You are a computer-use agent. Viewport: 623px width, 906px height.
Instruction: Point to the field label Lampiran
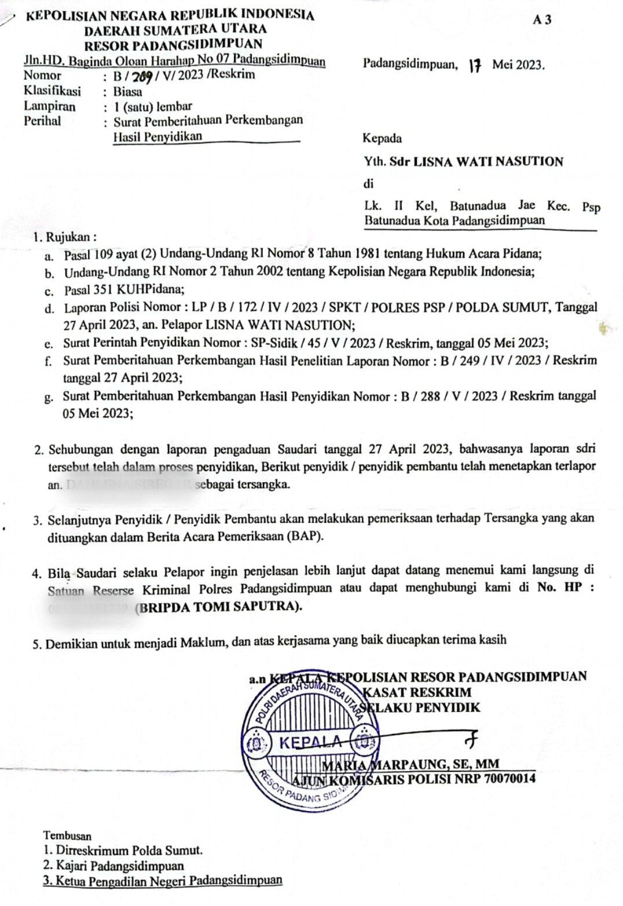[x=50, y=107]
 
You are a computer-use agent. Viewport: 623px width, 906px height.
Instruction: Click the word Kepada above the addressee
[x=382, y=139]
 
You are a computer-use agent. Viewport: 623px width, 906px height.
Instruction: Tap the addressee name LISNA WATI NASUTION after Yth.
[x=486, y=162]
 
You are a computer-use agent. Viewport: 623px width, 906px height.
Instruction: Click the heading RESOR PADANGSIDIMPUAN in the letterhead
[x=173, y=44]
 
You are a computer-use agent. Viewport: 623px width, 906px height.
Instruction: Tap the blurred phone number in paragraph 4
[x=90, y=607]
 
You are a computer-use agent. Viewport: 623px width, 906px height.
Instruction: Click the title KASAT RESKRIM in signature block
[x=416, y=692]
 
